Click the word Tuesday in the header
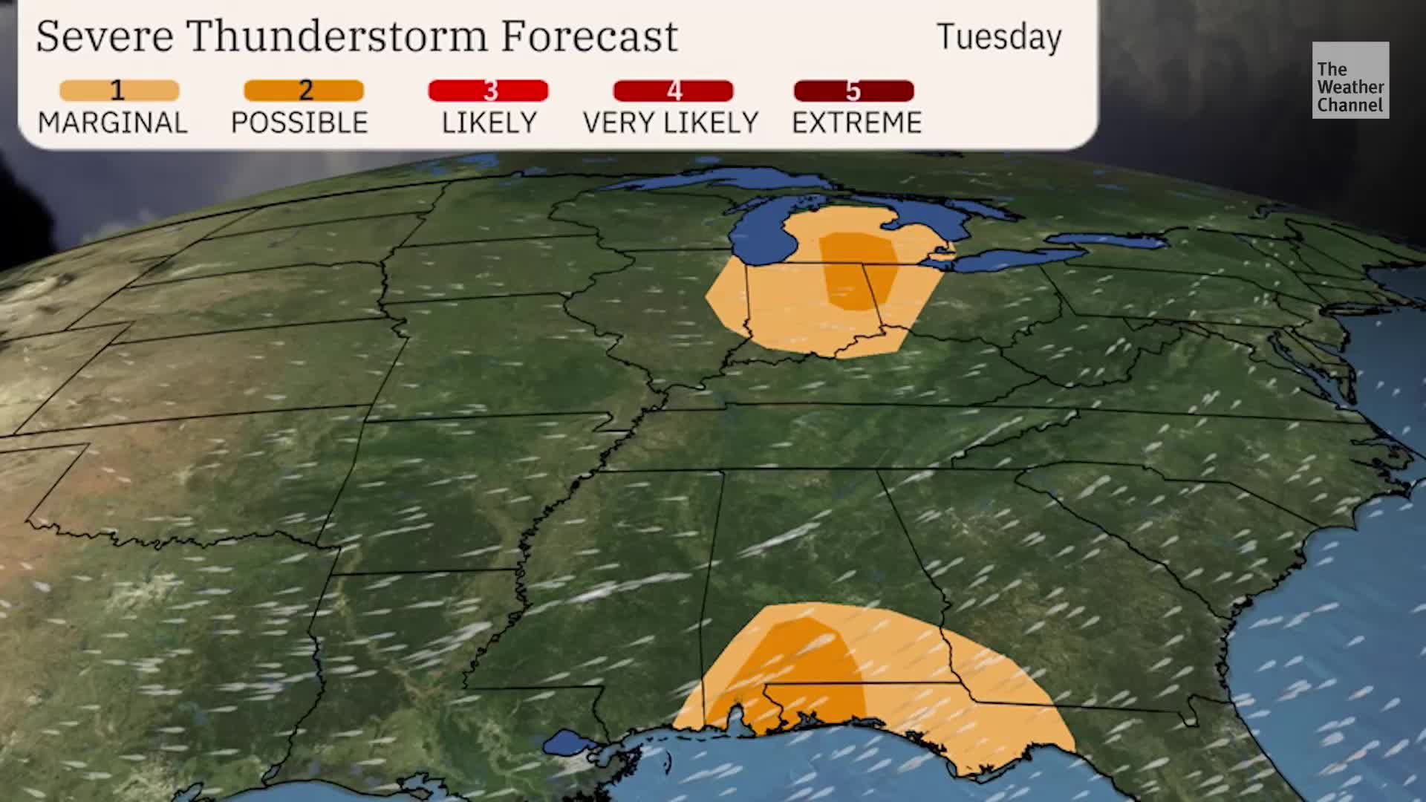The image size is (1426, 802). click(999, 37)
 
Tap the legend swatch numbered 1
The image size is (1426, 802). click(120, 91)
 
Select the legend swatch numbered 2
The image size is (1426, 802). click(304, 91)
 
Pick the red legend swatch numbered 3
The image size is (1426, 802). click(488, 91)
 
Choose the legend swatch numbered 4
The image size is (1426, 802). click(673, 91)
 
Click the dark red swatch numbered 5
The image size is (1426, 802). click(853, 91)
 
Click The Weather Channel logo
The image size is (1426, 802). click(1350, 80)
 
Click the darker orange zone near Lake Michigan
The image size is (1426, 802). click(858, 271)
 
